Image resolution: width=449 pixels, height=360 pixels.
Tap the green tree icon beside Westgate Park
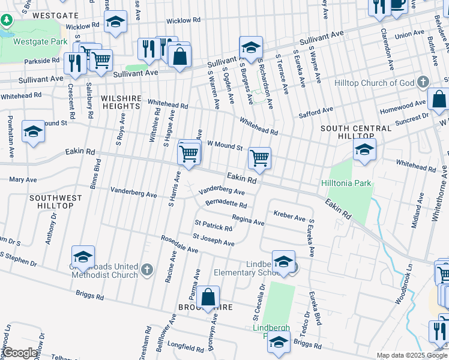(x=7, y=20)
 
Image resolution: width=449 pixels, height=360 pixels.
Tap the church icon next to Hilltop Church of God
(x=423, y=82)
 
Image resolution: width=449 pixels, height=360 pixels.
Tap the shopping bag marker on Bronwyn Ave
(x=208, y=297)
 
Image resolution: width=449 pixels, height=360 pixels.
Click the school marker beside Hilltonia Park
(x=364, y=151)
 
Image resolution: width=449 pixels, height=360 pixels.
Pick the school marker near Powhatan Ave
(x=33, y=132)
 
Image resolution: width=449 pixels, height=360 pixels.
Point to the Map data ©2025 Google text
(x=412, y=356)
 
